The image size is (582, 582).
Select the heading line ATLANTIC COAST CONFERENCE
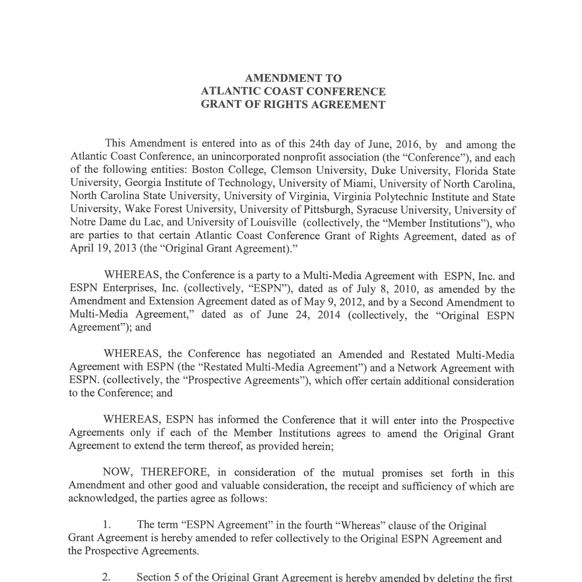click(293, 92)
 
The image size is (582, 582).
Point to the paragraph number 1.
click(107, 526)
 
